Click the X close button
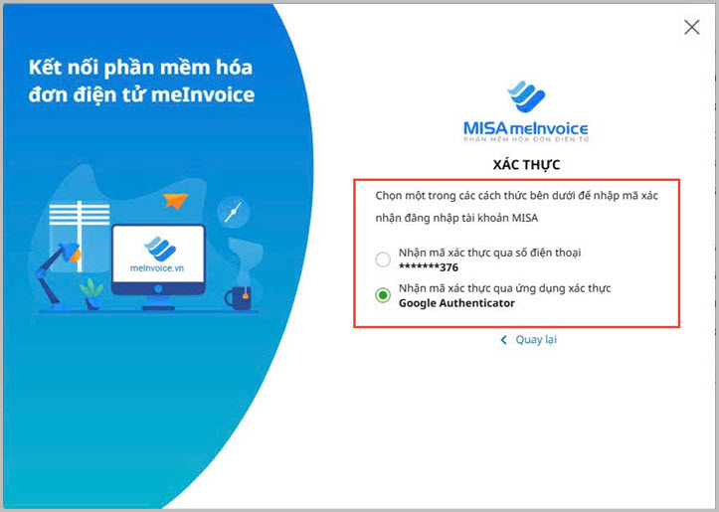pyautogui.click(x=691, y=27)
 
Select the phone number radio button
pyautogui.click(x=383, y=259)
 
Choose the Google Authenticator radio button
pyautogui.click(x=383, y=294)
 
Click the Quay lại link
pyautogui.click(x=536, y=340)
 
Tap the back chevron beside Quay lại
pyautogui.click(x=503, y=340)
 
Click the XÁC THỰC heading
pyautogui.click(x=526, y=165)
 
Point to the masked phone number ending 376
pyautogui.click(x=429, y=267)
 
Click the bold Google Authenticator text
pyautogui.click(x=456, y=303)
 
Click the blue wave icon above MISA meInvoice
pyautogui.click(x=526, y=96)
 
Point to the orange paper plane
pyautogui.click(x=175, y=201)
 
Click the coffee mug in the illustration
pyautogui.click(x=238, y=297)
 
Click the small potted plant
pyautogui.click(x=91, y=294)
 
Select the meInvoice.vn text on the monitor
pyautogui.click(x=157, y=268)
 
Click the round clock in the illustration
pyautogui.click(x=234, y=212)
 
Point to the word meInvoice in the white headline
pyautogui.click(x=203, y=94)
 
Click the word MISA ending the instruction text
pyautogui.click(x=524, y=218)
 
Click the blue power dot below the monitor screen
pyautogui.click(x=158, y=288)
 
